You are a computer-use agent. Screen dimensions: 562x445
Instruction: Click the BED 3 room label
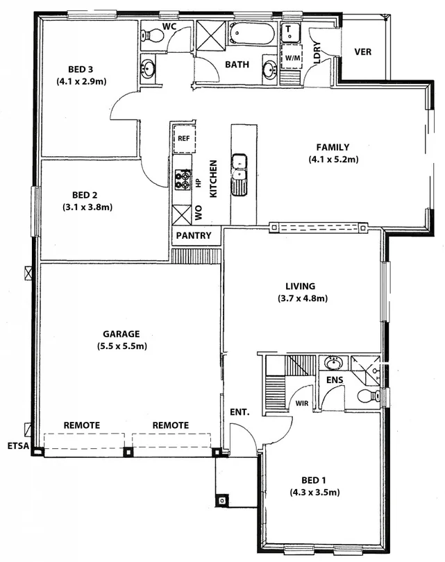[x=81, y=69]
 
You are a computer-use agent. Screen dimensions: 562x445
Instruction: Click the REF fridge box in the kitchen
[x=183, y=139]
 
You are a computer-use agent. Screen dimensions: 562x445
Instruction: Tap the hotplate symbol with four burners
[x=183, y=180]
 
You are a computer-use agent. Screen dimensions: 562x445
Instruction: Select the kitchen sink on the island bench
[x=239, y=169]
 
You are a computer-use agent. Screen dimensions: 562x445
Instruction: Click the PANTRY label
[x=194, y=236]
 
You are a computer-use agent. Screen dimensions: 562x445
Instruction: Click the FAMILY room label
[x=333, y=147]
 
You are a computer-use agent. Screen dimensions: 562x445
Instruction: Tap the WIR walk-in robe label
[x=302, y=402]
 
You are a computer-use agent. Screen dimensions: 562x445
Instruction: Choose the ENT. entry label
[x=240, y=412]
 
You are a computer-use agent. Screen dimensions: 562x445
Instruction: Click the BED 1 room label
[x=314, y=480]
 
